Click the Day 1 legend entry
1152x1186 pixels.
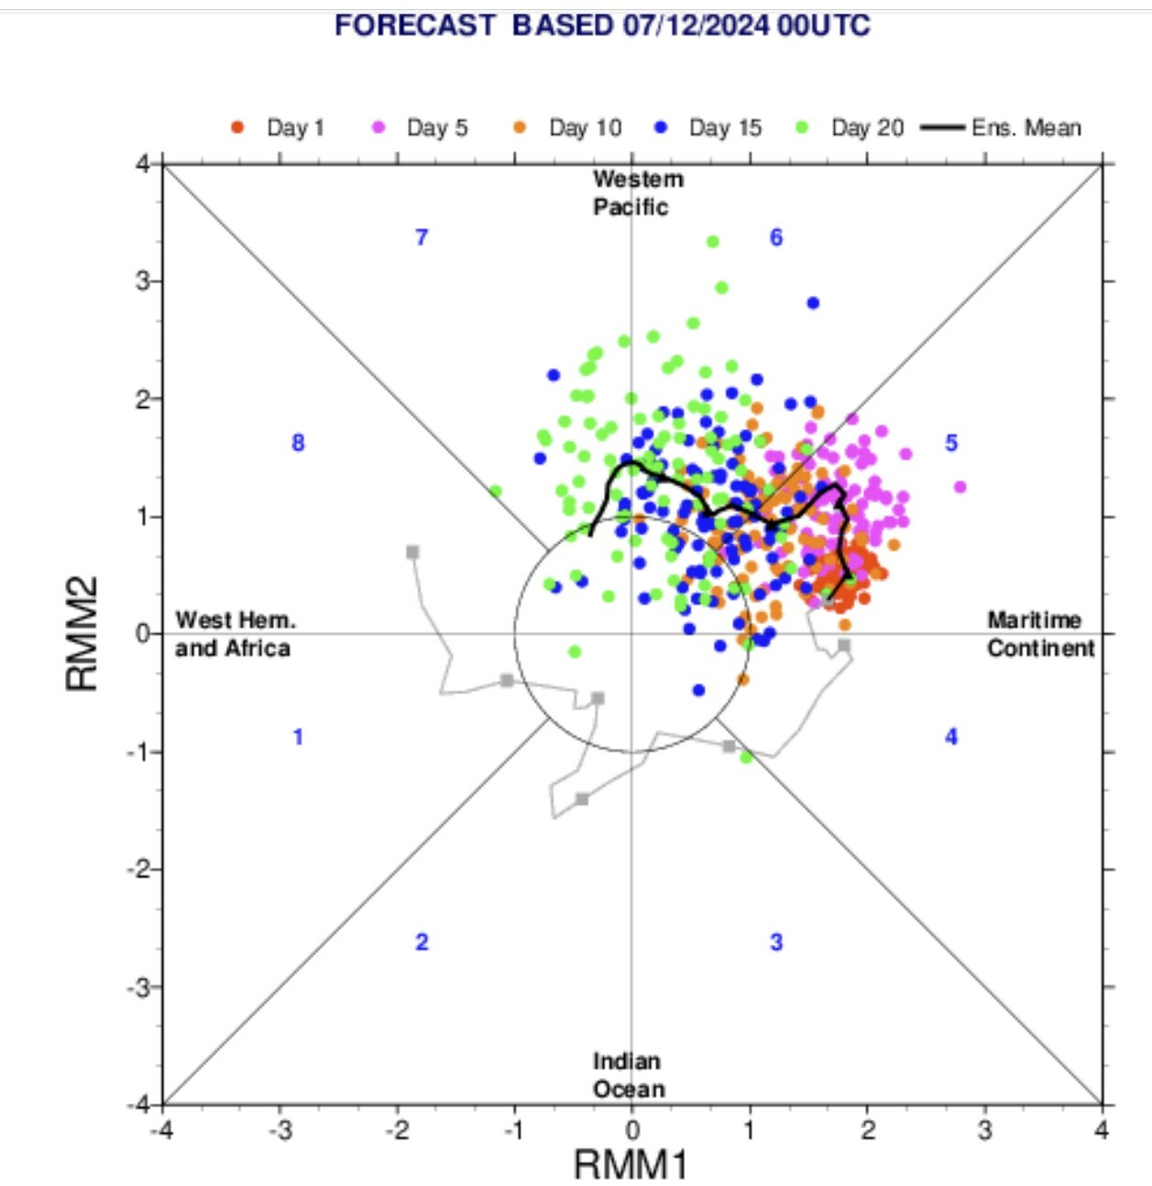[x=279, y=128]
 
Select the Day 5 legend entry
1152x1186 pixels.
[x=420, y=128]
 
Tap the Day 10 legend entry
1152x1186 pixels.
[x=567, y=128]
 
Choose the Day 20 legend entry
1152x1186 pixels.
[x=850, y=128]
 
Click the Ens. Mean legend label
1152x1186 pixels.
[x=1026, y=128]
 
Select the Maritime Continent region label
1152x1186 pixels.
[x=1041, y=634]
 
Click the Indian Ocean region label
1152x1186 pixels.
[x=629, y=1075]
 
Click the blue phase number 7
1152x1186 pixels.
[x=422, y=237]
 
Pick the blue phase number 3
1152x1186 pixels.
[x=776, y=942]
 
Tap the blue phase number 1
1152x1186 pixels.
[x=298, y=738]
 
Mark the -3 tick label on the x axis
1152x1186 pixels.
[x=280, y=1130]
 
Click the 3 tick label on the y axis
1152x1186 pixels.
[x=144, y=281]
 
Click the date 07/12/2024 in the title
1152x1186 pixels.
[x=696, y=26]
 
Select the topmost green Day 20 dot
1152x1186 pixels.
[x=712, y=242]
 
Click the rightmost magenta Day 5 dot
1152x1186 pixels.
[x=960, y=487]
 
